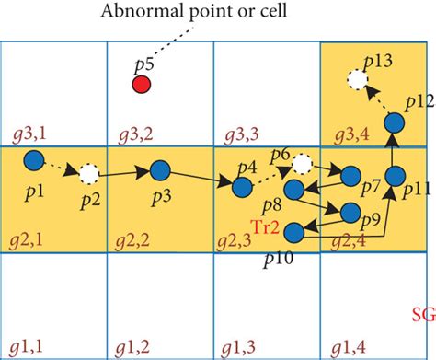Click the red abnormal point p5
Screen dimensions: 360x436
click(x=142, y=85)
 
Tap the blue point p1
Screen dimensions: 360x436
click(x=32, y=159)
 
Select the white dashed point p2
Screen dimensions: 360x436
click(x=89, y=172)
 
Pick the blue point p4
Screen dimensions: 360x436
click(x=242, y=187)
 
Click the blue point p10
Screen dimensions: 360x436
click(x=294, y=232)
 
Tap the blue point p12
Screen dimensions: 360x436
click(x=395, y=122)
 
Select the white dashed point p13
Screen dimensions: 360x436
click(x=356, y=80)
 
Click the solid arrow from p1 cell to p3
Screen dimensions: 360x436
click(x=125, y=171)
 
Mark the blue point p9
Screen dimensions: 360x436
click(x=350, y=213)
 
